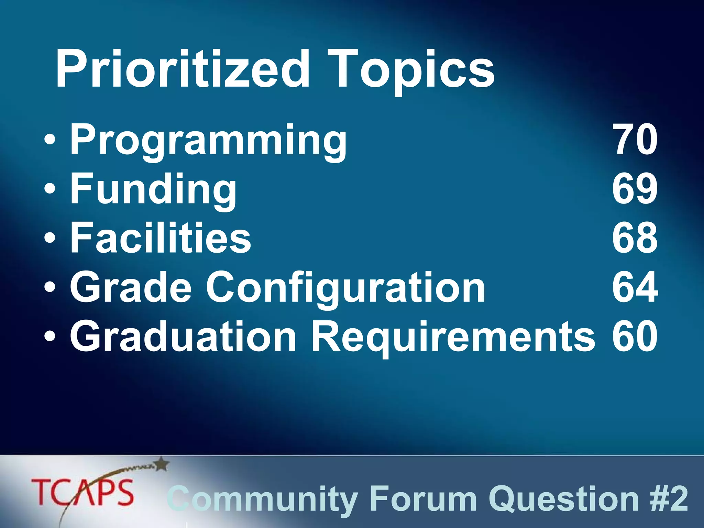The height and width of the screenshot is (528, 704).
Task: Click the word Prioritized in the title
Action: click(x=183, y=69)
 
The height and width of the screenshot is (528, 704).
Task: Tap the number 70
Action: click(x=635, y=140)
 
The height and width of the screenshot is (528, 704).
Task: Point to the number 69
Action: click(x=635, y=189)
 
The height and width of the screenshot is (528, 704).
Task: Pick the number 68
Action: click(x=635, y=238)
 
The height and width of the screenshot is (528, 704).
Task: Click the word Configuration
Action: click(x=345, y=287)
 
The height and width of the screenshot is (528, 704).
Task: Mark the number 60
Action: click(x=635, y=336)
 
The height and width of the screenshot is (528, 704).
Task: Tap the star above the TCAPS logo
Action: click(x=162, y=464)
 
